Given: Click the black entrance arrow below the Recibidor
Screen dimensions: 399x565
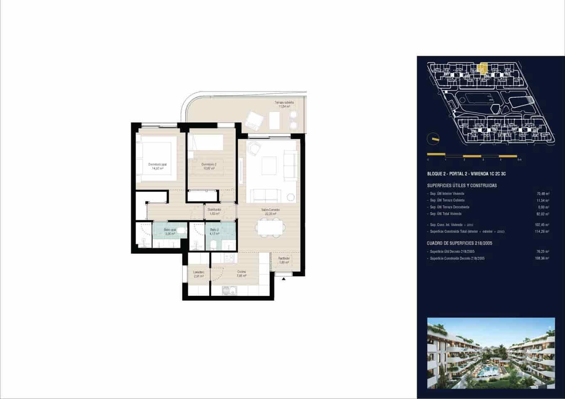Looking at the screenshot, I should tap(284, 279).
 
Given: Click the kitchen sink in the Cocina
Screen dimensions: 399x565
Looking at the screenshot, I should tap(229, 291).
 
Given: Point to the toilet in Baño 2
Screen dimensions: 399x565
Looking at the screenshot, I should tap(213, 244).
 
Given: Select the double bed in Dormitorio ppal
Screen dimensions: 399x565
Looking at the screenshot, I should tap(155, 163).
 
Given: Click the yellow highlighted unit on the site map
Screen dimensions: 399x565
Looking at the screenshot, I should tap(483, 68).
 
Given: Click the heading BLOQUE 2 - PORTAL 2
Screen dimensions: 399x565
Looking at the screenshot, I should tap(466, 174).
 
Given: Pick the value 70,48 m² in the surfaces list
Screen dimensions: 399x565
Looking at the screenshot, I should tap(543, 194).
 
